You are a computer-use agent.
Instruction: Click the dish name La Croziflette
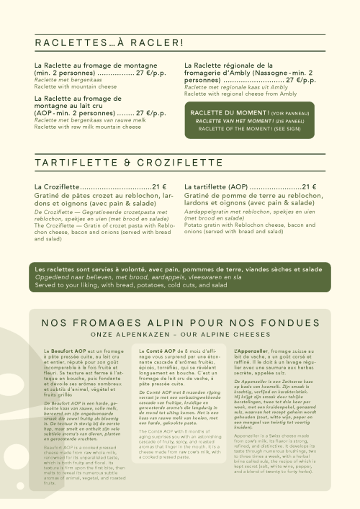pos(57,187)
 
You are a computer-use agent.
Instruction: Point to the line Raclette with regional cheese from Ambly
pos(240,94)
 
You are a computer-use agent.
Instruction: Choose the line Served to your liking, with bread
pos(143,285)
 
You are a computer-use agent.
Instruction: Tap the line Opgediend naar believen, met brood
pos(138,277)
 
